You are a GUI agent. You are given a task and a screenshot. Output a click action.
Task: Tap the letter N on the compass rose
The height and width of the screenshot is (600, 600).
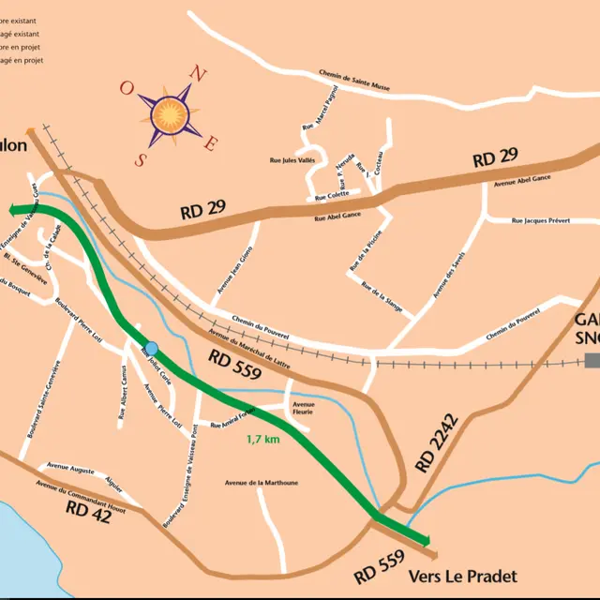click(197, 72)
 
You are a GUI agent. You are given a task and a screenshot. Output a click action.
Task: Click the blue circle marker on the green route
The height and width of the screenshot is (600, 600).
click(151, 348)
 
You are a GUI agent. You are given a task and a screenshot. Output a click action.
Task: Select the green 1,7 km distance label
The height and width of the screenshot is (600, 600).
click(262, 439)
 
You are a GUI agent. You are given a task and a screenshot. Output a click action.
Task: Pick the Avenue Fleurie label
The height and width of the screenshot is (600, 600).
click(304, 408)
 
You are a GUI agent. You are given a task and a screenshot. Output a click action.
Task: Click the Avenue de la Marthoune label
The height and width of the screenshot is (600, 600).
click(261, 483)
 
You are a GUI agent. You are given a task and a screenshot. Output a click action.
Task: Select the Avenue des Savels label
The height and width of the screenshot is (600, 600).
click(448, 277)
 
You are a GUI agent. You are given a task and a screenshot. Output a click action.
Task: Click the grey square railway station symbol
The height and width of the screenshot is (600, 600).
click(592, 361)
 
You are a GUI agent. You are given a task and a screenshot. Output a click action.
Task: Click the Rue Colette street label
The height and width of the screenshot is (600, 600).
click(332, 197)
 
